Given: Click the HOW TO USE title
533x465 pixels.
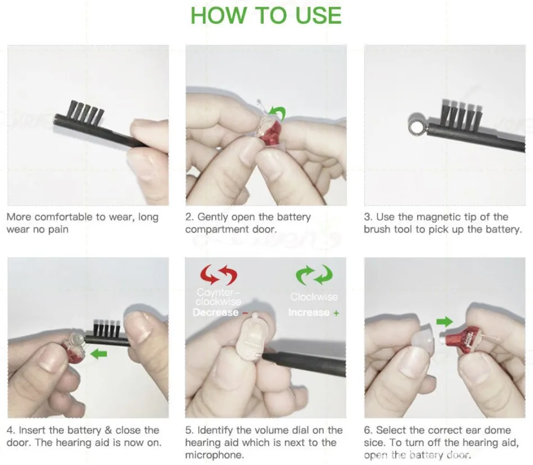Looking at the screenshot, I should (x=266, y=15).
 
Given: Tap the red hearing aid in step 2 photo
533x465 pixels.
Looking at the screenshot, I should (x=270, y=133).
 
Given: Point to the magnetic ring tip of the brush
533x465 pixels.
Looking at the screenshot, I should (x=416, y=128).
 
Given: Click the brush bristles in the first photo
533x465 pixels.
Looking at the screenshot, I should (x=87, y=112).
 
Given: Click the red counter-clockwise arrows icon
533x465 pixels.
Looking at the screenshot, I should (x=219, y=275).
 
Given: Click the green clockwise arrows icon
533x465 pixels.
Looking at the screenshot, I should (x=314, y=275).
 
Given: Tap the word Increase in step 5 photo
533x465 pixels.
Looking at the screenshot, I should (x=309, y=312).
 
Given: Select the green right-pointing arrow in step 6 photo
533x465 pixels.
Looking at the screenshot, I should (x=444, y=322).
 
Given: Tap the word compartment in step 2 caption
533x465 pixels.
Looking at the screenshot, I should (x=216, y=230).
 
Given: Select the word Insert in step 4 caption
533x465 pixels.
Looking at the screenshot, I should (x=34, y=430).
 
